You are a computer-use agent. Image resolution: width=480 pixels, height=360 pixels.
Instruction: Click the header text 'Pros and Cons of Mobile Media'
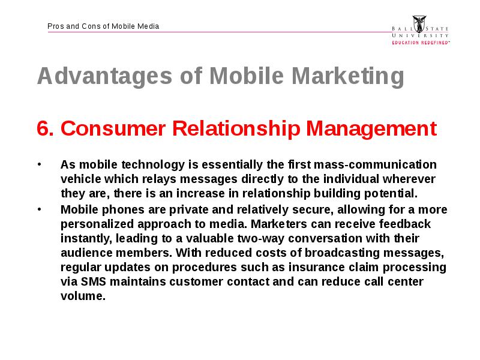[x=103, y=26]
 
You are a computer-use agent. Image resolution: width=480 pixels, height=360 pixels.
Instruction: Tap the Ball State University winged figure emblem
[x=419, y=24]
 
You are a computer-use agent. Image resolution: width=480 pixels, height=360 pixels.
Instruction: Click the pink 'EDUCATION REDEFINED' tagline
[x=421, y=43]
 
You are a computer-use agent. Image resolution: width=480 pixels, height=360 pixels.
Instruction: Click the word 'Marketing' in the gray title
[x=348, y=76]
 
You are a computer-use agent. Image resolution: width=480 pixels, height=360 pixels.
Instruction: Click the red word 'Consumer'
[x=113, y=128]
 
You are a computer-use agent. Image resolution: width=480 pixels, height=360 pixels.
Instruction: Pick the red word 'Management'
[x=371, y=129]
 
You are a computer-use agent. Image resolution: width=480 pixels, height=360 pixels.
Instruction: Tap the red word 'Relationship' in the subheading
[x=236, y=129]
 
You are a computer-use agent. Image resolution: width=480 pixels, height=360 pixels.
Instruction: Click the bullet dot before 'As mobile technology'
[x=39, y=164]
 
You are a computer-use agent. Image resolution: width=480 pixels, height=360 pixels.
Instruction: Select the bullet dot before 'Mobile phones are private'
[x=39, y=209]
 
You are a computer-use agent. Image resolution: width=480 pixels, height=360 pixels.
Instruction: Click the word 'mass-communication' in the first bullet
[x=376, y=164]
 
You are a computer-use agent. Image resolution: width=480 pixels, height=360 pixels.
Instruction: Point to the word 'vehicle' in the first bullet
[x=81, y=179]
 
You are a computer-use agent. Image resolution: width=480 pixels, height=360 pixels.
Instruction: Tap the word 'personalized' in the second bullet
[x=97, y=224]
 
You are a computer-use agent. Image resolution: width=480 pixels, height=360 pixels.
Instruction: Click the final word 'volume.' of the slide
[x=83, y=296]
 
